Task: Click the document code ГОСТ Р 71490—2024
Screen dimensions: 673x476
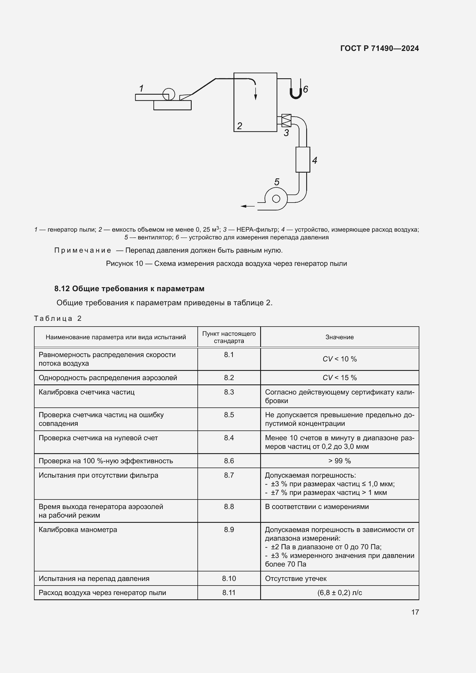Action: coord(379,48)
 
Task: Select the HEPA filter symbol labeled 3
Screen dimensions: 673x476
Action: coord(286,121)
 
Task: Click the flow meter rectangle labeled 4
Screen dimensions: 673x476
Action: coord(302,160)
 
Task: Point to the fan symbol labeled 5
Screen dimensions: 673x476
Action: coord(276,199)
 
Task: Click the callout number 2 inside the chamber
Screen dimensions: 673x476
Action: coord(239,126)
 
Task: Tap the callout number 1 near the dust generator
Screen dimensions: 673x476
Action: coord(141,88)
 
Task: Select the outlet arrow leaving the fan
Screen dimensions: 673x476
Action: coord(247,206)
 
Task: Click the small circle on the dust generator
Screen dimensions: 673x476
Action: coord(169,94)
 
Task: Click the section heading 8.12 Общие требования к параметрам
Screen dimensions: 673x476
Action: coord(129,289)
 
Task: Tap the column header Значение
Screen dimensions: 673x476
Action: coord(339,337)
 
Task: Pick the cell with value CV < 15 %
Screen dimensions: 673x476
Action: coord(339,378)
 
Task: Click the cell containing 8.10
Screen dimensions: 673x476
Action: coord(229,578)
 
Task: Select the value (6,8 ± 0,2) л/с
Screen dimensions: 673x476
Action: coord(339,592)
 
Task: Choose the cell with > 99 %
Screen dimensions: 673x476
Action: coord(339,460)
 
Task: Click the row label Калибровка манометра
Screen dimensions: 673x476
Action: coord(78,529)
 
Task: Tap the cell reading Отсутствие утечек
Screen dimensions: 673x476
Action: coord(296,578)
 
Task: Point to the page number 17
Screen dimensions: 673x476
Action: coord(415,612)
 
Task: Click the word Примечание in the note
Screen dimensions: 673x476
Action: coord(82,250)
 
